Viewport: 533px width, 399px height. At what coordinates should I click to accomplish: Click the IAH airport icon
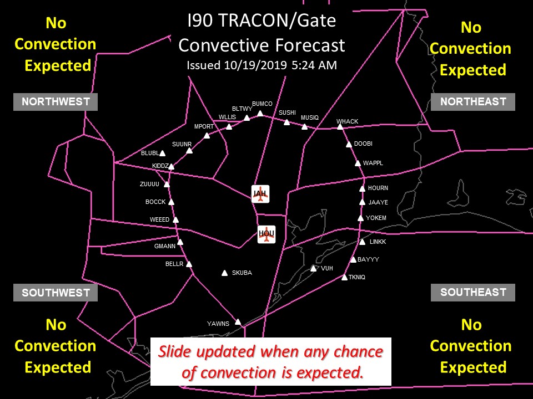coord(260,194)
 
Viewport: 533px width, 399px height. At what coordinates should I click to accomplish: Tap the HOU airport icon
coord(266,234)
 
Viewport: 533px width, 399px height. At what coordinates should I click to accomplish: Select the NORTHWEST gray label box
coord(56,102)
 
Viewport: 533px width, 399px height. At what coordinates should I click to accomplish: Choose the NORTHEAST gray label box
coord(473,102)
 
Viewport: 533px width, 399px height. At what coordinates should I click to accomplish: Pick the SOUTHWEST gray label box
coord(56,293)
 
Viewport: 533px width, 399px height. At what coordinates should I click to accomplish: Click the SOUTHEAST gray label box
coord(473,293)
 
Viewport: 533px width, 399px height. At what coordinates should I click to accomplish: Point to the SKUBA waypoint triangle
coord(224,273)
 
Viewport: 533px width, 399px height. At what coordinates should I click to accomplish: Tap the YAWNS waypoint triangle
coord(238,321)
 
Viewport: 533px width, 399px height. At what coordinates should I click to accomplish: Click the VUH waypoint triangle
coord(313,268)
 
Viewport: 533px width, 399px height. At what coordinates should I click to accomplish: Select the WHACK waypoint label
coord(347,121)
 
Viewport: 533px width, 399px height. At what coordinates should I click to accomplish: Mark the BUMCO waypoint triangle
coord(260,113)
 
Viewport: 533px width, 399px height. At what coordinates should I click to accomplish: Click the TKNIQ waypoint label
coord(357,277)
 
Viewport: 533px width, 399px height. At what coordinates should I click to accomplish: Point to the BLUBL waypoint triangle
coord(163,154)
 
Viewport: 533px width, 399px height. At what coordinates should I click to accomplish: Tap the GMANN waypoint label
coord(165,246)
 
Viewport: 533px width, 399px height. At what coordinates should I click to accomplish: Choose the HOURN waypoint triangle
coord(363,188)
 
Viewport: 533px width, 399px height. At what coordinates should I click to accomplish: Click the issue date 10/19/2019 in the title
coord(255,65)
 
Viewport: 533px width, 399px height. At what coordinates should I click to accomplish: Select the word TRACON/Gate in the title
coord(277,21)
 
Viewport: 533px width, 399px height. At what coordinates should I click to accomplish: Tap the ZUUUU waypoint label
coord(149,184)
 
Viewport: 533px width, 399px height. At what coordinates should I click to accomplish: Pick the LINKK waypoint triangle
coord(363,242)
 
